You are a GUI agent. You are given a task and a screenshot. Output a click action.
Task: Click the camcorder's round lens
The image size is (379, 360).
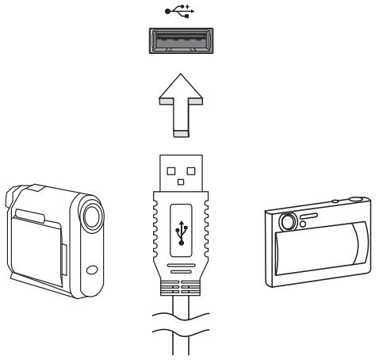[x=91, y=213]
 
